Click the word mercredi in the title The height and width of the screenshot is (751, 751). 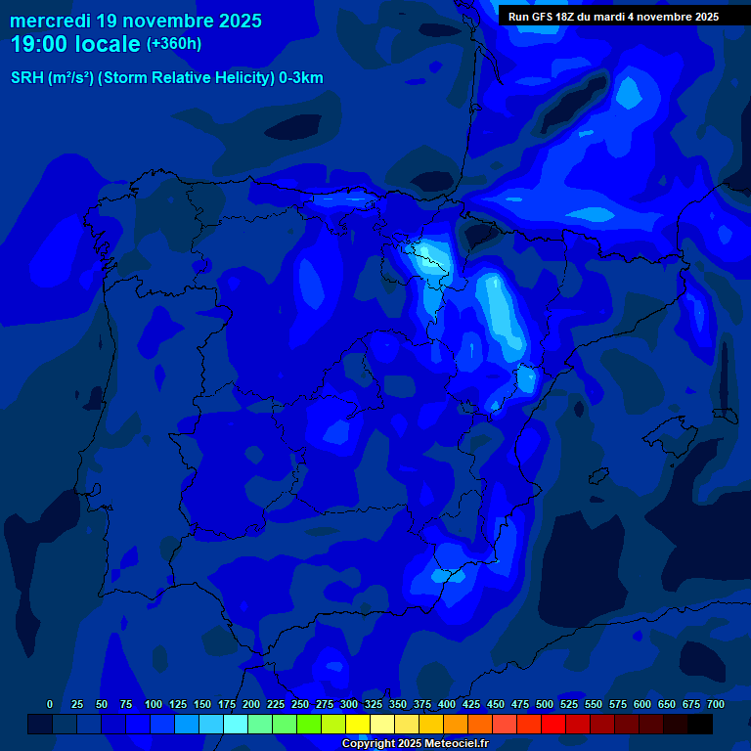[51, 21]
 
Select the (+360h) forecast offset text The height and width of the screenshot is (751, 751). [174, 44]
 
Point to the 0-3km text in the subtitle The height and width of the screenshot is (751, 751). [301, 78]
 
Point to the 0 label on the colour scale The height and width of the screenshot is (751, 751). [50, 704]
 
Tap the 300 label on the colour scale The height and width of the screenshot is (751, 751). [349, 704]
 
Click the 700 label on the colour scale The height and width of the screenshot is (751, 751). [716, 704]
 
